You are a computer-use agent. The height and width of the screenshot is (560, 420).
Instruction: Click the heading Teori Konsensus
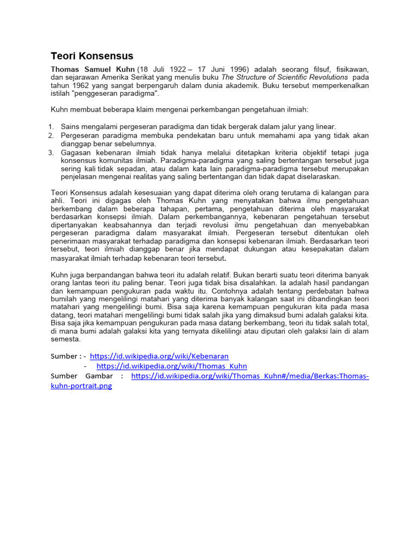(92, 56)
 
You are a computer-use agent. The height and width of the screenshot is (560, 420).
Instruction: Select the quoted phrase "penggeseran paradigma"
(116, 94)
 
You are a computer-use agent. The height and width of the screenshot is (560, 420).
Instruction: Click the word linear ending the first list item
(325, 126)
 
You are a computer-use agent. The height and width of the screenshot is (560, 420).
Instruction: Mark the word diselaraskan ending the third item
(316, 177)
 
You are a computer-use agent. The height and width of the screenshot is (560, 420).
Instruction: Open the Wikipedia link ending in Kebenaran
(159, 355)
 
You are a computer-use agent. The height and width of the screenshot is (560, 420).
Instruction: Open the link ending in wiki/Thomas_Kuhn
(172, 366)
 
